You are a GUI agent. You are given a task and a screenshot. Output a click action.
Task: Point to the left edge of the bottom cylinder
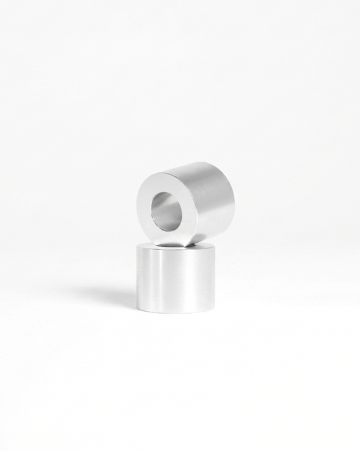click(x=137, y=277)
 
